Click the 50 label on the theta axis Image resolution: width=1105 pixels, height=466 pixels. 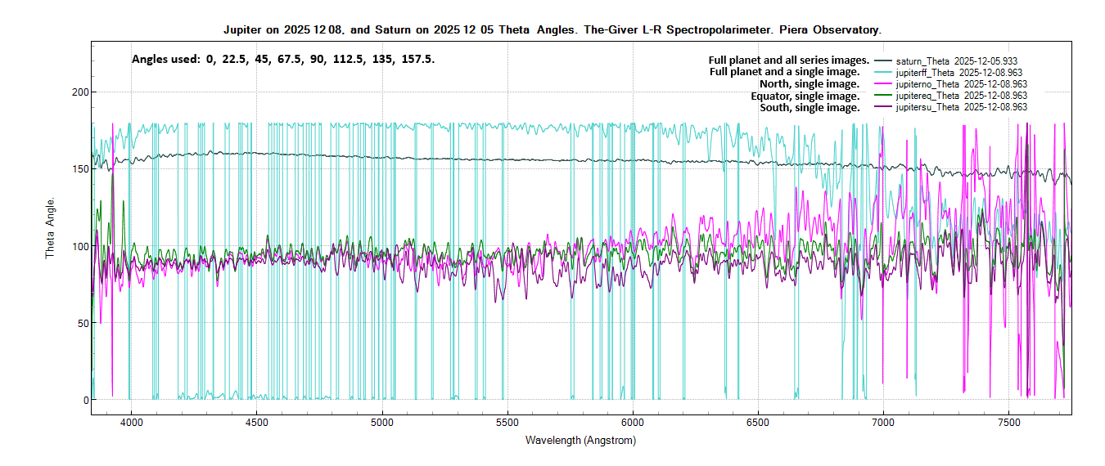[80, 323]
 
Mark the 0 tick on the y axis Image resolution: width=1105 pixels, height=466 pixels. [83, 400]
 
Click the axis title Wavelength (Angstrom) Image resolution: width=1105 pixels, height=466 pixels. [580, 441]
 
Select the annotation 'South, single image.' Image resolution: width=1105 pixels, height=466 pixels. [810, 107]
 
